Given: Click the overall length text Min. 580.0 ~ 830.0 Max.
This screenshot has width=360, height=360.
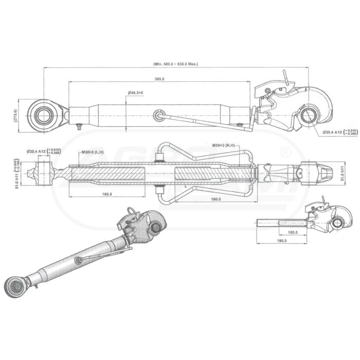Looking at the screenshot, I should (176, 64).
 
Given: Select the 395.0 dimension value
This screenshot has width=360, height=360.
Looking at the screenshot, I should (159, 79).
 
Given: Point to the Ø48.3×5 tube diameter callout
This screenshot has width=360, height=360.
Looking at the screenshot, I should (135, 93).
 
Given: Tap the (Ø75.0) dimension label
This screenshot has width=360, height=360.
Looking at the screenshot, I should (15, 114).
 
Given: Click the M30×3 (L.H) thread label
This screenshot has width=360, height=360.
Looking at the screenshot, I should (93, 152).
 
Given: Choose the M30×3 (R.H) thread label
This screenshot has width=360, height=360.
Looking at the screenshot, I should (223, 146).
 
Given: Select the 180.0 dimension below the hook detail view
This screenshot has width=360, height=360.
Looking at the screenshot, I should (281, 241).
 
